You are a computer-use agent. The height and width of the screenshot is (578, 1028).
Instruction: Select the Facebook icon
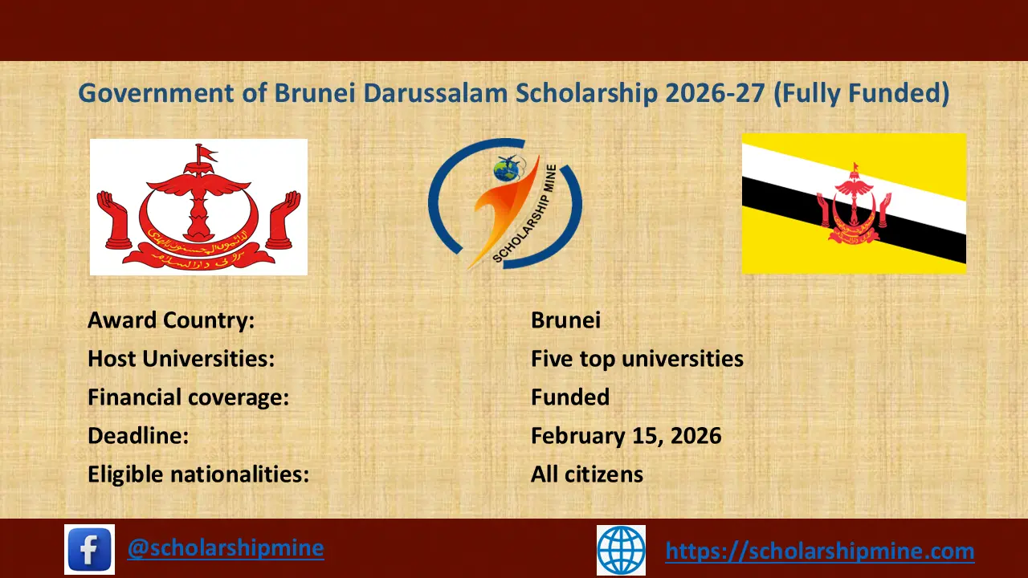click(x=89, y=549)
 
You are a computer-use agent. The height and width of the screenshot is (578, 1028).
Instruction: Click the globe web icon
click(x=621, y=550)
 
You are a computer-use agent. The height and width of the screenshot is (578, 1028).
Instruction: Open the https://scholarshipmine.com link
click(x=820, y=551)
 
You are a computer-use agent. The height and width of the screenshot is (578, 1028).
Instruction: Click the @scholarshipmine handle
click(x=226, y=548)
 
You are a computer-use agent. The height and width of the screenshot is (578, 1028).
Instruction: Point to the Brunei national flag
click(x=854, y=204)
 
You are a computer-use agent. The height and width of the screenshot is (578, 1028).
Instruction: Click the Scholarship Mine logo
click(x=504, y=204)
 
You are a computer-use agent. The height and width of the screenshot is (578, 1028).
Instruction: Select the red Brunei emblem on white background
click(x=198, y=207)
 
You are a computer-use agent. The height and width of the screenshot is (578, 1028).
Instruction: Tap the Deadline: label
click(x=138, y=436)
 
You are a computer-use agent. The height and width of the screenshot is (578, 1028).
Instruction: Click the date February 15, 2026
click(x=626, y=436)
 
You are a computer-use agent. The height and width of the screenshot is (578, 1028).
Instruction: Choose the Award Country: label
click(x=171, y=320)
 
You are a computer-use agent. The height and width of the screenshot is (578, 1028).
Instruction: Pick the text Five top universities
click(x=637, y=359)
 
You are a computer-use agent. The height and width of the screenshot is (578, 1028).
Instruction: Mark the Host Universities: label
click(x=181, y=359)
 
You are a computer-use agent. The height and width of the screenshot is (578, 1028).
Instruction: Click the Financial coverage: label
click(x=188, y=397)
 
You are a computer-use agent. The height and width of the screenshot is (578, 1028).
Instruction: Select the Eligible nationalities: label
click(x=198, y=474)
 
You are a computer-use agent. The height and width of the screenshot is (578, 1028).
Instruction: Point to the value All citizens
click(x=587, y=474)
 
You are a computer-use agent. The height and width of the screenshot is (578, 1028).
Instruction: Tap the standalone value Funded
click(x=570, y=397)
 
